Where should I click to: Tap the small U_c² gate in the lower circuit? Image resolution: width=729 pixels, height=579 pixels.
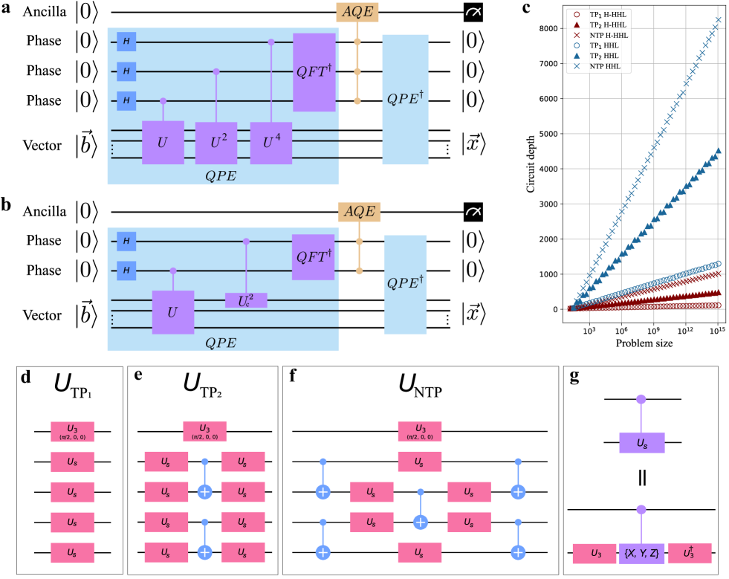[246, 300]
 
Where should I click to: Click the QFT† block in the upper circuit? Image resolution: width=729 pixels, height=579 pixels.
[315, 71]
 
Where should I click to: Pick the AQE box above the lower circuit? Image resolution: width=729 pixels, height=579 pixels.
[359, 211]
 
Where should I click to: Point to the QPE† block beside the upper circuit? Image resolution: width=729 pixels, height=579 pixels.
[405, 100]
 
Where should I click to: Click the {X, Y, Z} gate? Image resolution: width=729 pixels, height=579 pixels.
[642, 553]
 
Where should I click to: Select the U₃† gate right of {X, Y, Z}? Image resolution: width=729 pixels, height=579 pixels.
[690, 553]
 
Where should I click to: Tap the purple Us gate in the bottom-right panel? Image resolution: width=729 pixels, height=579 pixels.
[641, 442]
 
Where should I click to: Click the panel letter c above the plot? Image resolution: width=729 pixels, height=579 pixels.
[526, 8]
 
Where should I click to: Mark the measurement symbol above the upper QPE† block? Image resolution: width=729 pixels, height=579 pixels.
[473, 12]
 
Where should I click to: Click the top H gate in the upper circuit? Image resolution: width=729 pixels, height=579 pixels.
[126, 42]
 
